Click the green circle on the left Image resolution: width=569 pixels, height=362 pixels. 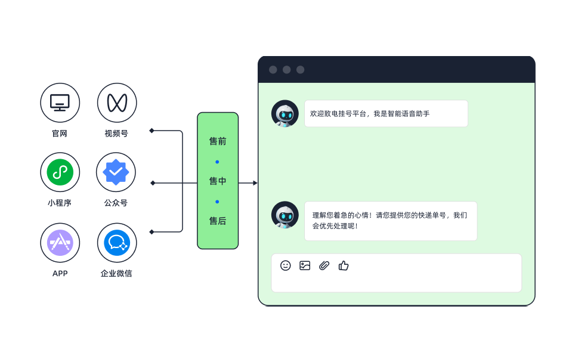click(60, 172)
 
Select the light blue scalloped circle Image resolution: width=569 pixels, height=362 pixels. click(116, 172)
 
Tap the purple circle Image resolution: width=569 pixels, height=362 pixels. click(60, 243)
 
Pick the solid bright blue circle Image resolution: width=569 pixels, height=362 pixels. click(116, 243)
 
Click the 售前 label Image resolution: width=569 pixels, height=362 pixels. click(218, 142)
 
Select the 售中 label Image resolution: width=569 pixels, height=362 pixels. click(218, 181)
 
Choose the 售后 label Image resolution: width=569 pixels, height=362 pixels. click(218, 221)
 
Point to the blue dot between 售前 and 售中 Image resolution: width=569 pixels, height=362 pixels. click(217, 162)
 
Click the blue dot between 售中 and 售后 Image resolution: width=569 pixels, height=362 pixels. click(217, 202)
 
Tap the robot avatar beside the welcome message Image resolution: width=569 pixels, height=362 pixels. click(285, 113)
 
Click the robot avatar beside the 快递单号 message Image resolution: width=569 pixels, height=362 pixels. click(285, 215)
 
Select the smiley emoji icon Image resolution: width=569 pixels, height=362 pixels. click(286, 265)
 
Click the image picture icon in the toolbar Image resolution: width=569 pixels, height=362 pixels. click(305, 265)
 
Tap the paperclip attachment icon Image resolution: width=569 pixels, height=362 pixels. click(324, 265)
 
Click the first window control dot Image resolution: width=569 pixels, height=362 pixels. click(273, 70)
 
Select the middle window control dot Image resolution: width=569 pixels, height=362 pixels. click(287, 70)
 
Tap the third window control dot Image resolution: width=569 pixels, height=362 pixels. click(301, 70)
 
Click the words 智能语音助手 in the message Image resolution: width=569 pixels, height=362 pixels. click(409, 114)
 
